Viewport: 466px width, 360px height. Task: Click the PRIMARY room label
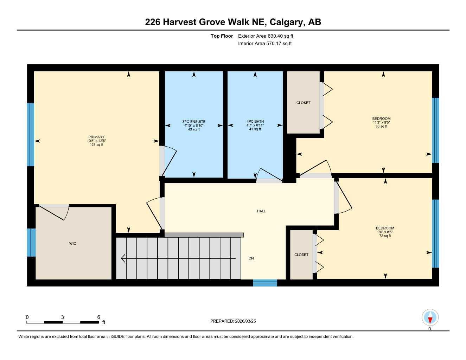[96, 137]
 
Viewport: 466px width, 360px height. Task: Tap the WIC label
[73, 244]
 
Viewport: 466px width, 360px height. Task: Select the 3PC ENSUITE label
[194, 122]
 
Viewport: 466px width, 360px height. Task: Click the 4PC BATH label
[255, 122]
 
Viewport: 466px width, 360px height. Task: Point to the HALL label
[261, 211]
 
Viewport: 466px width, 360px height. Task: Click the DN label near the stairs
[251, 258]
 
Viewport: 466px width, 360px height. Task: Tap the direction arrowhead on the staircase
[123, 258]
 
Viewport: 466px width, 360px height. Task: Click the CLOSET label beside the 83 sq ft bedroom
[303, 103]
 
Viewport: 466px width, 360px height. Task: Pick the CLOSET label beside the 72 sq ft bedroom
[301, 255]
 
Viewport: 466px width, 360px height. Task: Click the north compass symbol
[430, 318]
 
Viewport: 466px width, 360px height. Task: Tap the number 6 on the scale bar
[98, 317]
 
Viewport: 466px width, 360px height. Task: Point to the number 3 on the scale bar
[63, 317]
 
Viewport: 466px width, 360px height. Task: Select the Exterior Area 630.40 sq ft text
[266, 36]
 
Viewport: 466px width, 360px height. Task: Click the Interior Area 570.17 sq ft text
[265, 44]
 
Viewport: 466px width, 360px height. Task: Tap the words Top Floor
[222, 36]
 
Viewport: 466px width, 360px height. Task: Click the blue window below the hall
[265, 283]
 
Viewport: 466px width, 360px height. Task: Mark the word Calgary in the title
[287, 22]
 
